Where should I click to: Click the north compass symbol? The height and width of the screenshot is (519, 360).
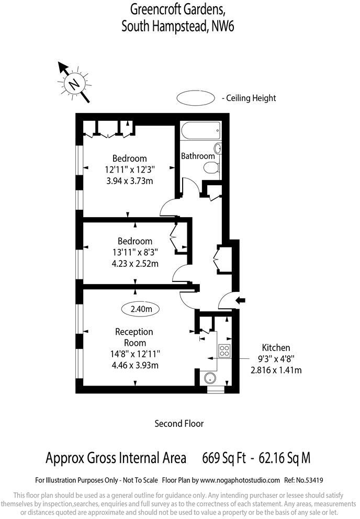coord(74,83)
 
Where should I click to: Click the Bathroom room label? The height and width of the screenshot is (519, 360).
coord(198,156)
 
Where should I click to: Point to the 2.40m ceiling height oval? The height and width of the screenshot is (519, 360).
coord(141,309)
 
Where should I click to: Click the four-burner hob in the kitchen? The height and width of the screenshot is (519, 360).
coord(224,351)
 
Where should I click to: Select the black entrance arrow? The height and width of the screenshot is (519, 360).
coord(241,300)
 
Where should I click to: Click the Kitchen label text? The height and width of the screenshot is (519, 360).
coord(276,347)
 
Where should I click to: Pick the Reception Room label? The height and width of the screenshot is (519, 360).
coord(134,337)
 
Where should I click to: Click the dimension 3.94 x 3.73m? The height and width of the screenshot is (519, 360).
coord(132,181)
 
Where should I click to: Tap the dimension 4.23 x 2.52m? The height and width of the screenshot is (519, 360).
coord(135,264)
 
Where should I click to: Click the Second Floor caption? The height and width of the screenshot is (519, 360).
coord(179,423)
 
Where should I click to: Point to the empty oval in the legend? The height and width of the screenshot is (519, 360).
coord(196,98)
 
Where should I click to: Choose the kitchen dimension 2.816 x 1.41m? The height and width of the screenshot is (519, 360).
coord(276,370)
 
